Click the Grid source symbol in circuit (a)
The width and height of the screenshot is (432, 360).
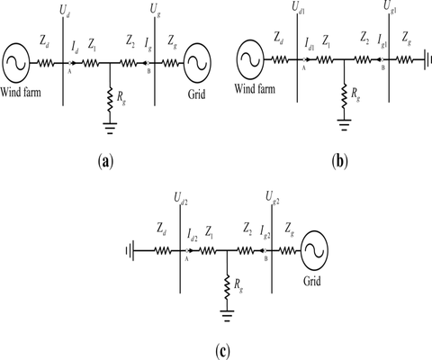[197, 64]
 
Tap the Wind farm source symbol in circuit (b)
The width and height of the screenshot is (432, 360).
[248, 64]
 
